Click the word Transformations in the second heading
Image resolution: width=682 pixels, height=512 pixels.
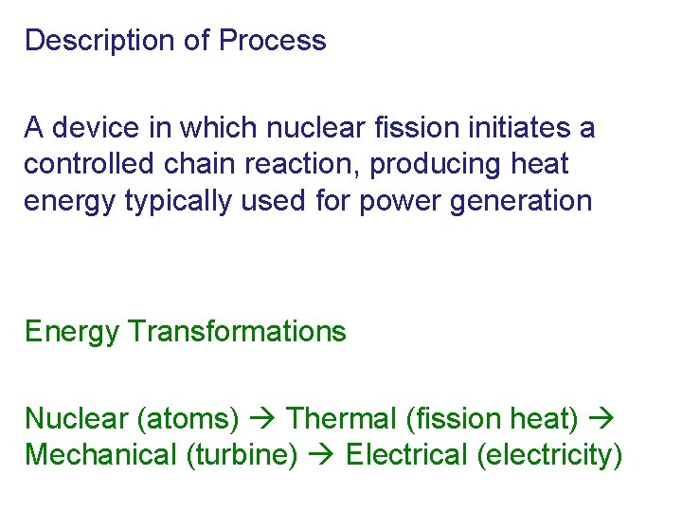237,332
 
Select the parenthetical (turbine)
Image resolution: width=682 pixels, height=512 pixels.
242,455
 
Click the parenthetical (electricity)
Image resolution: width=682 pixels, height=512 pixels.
550,455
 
